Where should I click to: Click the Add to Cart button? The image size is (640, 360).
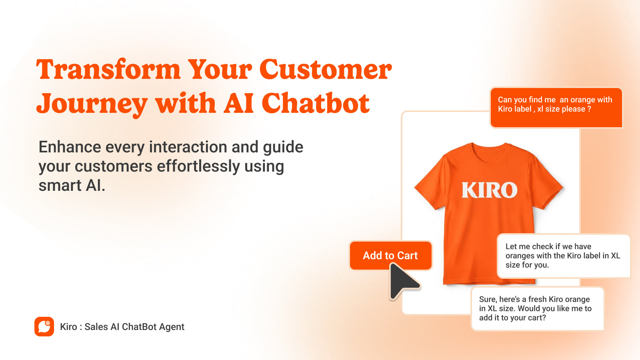pyautogui.click(x=390, y=255)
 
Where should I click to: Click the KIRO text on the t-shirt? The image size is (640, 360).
pyautogui.click(x=489, y=190)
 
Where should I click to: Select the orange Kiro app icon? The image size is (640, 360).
pyautogui.click(x=44, y=326)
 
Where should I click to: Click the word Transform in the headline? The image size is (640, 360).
pyautogui.click(x=108, y=70)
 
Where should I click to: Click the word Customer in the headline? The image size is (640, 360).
pyautogui.click(x=326, y=70)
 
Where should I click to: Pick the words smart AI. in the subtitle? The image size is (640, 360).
pyautogui.click(x=72, y=186)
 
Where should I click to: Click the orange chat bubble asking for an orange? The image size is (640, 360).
pyautogui.click(x=556, y=108)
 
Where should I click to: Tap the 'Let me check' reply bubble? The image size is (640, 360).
pyautogui.click(x=563, y=256)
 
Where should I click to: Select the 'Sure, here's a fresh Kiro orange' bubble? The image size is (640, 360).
pyautogui.click(x=537, y=308)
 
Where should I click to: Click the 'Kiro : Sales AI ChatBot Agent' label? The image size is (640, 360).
pyautogui.click(x=122, y=327)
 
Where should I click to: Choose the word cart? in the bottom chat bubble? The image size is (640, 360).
pyautogui.click(x=536, y=318)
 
